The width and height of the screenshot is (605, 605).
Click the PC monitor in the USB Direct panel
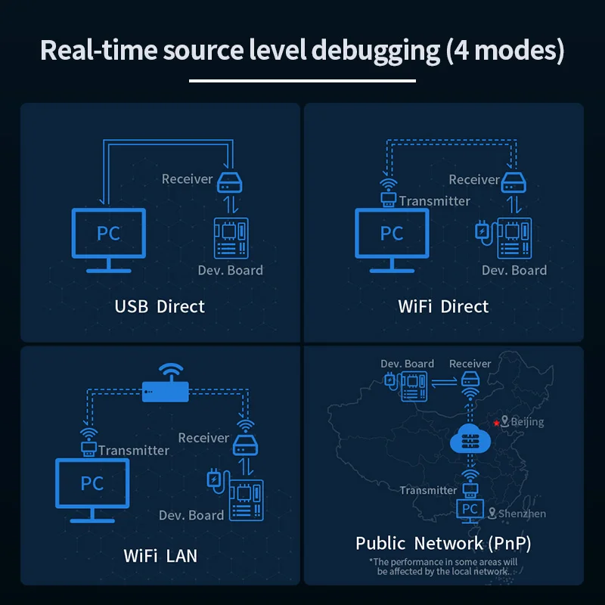pyautogui.click(x=108, y=234)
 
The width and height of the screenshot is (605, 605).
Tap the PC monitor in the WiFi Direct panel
pyautogui.click(x=392, y=234)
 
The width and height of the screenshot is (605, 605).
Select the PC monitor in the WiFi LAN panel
pyautogui.click(x=92, y=484)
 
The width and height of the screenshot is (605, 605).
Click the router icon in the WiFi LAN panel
pyautogui.click(x=164, y=390)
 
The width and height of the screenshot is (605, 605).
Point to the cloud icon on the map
pyautogui.click(x=469, y=438)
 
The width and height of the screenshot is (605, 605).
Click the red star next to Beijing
pyautogui.click(x=496, y=422)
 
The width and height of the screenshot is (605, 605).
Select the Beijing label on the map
pyautogui.click(x=527, y=422)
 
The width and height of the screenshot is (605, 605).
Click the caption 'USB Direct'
pyautogui.click(x=160, y=306)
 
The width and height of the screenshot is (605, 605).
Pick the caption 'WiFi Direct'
pyautogui.click(x=443, y=306)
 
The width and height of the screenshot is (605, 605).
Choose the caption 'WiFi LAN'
pyautogui.click(x=160, y=556)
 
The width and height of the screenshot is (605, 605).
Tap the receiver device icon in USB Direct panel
pyautogui.click(x=229, y=182)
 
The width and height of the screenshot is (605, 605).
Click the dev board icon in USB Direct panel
pyautogui.click(x=231, y=236)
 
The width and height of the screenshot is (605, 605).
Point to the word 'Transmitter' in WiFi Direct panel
pyautogui.click(x=435, y=201)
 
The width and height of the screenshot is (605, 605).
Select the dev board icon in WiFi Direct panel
pyautogui.click(x=514, y=236)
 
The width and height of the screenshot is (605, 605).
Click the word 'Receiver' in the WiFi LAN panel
pyautogui.click(x=203, y=438)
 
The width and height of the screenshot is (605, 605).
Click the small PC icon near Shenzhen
pyautogui.click(x=470, y=510)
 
